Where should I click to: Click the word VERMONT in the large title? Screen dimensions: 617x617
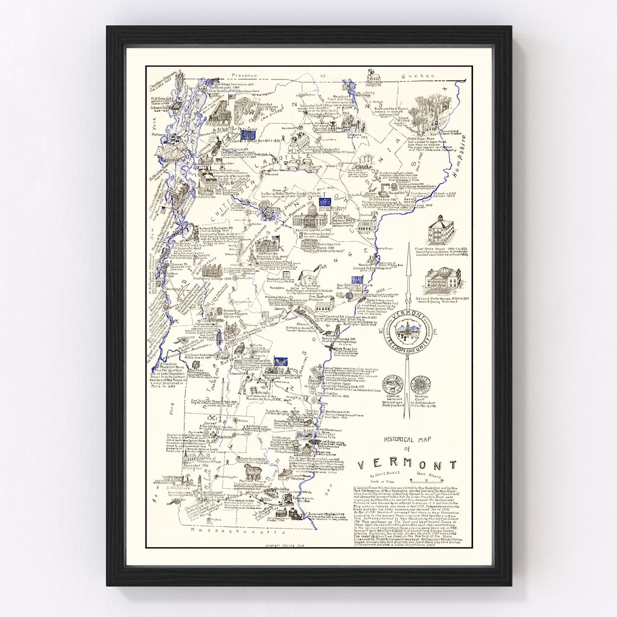[x=407, y=464]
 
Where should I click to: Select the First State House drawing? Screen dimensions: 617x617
[x=440, y=230]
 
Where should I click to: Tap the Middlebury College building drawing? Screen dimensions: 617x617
[x=210, y=271]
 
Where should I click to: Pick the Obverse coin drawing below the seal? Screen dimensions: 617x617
[x=393, y=384]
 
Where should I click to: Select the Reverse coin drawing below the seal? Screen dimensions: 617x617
[x=420, y=384]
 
